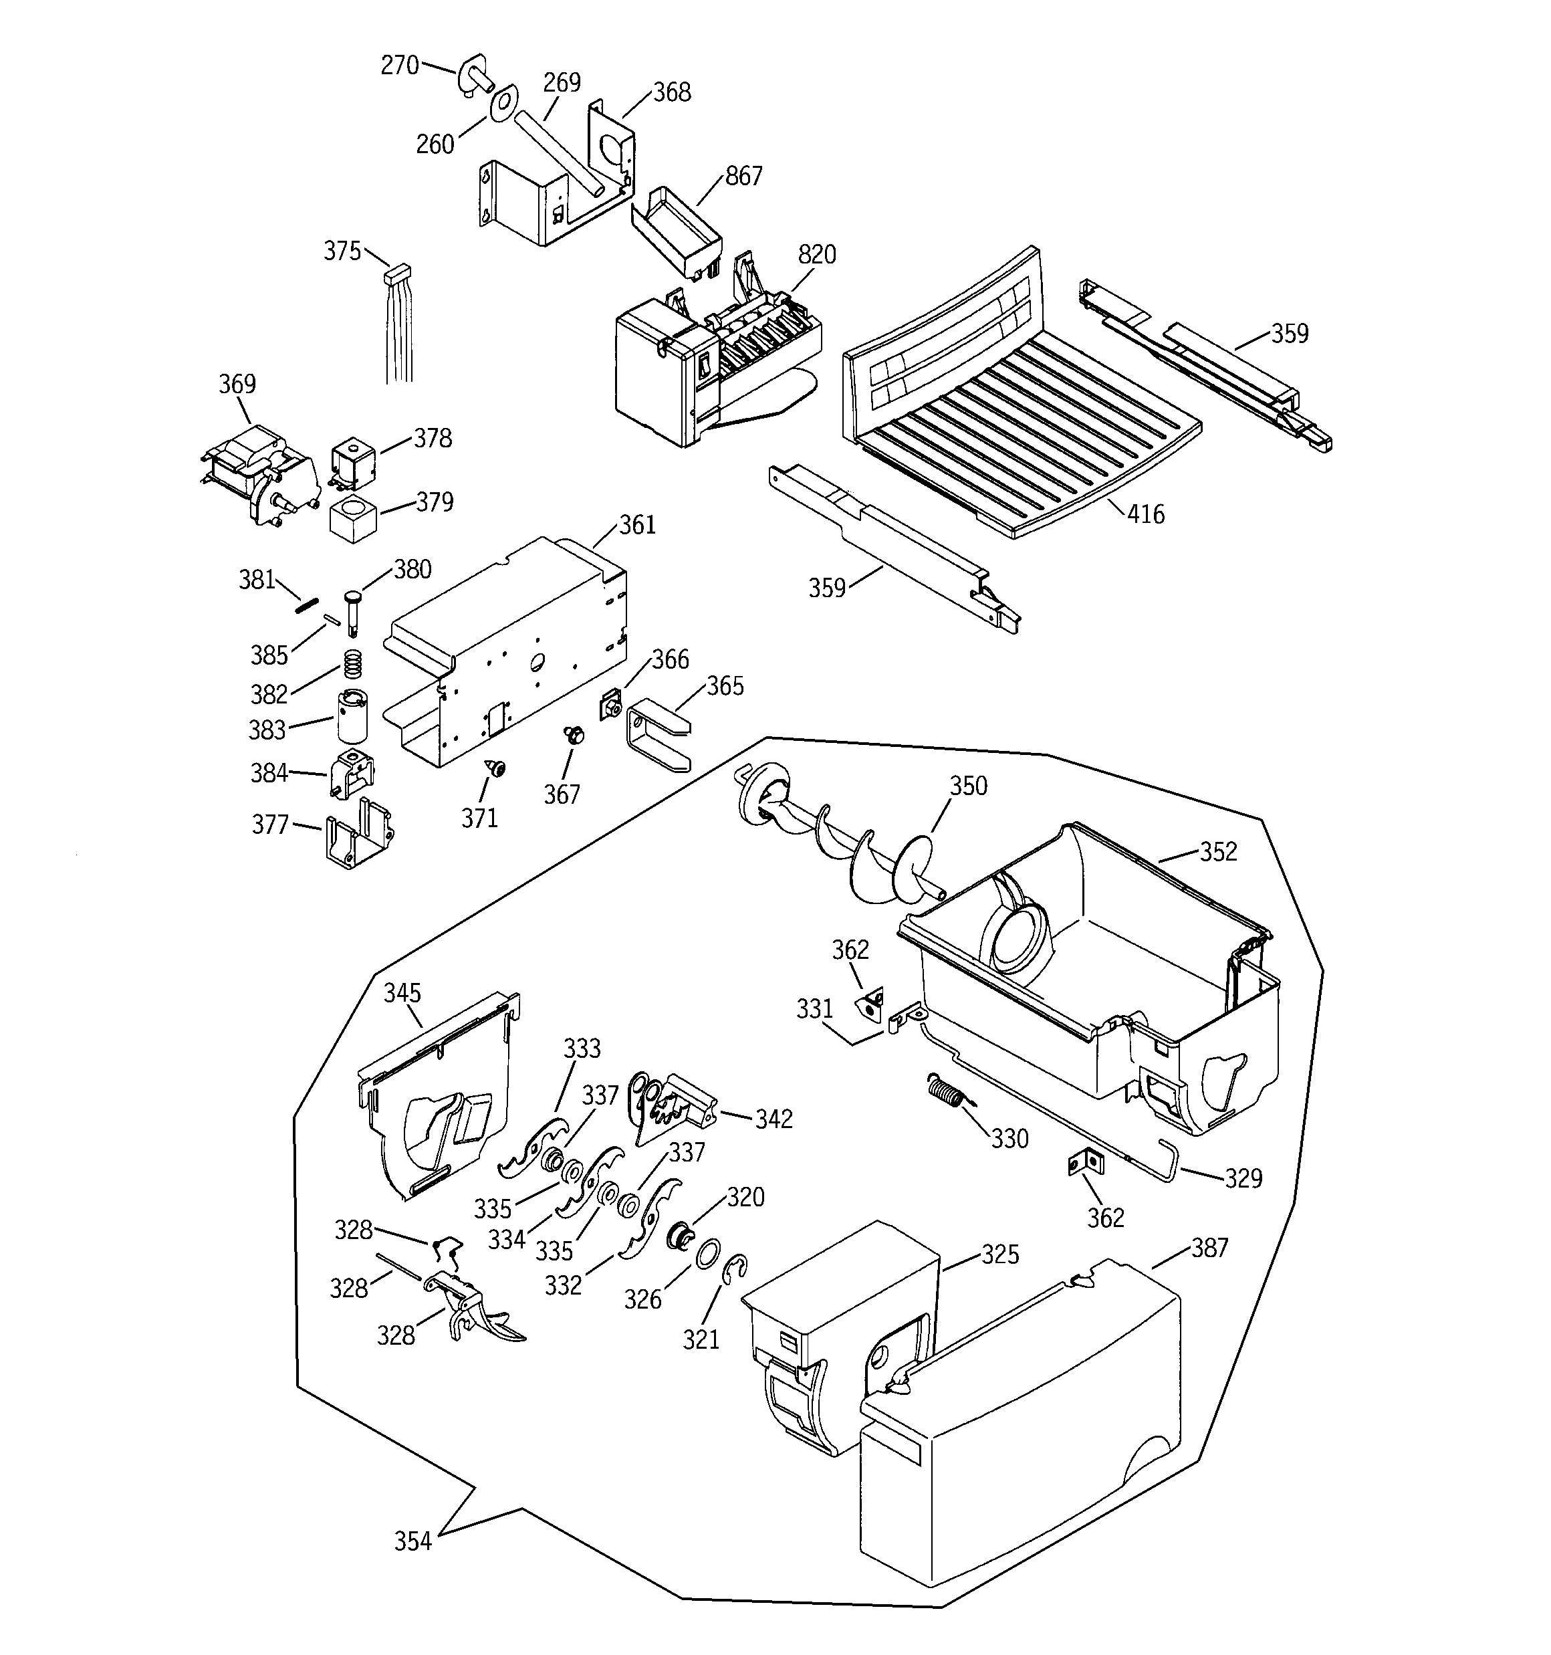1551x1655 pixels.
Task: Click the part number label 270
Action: point(399,65)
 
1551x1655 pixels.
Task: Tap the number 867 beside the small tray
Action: point(743,177)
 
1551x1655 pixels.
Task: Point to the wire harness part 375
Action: point(400,325)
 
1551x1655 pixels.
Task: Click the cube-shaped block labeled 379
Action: point(354,520)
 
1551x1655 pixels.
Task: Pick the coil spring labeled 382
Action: point(354,663)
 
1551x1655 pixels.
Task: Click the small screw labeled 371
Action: point(497,768)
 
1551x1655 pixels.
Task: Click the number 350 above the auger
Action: point(968,786)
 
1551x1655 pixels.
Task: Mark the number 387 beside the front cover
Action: point(1209,1247)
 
